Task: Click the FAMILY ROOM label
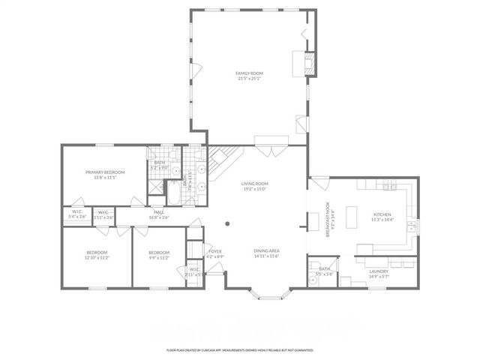[x=250, y=73]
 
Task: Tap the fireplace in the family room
[x=307, y=62]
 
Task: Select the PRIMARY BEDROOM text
[x=104, y=172]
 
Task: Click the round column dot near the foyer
[x=228, y=223]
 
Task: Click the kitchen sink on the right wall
[x=411, y=225]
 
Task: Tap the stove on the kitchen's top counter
[x=389, y=186]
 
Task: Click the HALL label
[x=159, y=212]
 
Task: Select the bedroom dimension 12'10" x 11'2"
[x=97, y=257]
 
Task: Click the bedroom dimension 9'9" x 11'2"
[x=159, y=257]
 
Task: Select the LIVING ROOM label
[x=255, y=184]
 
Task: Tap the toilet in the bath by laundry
[x=313, y=279]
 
